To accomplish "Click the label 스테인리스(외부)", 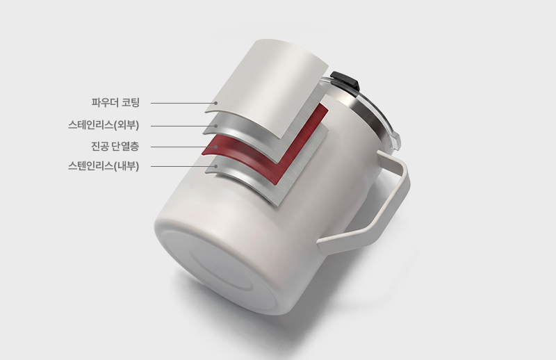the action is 104,125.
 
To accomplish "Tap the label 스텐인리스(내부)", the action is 104,165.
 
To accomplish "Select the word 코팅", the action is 131,102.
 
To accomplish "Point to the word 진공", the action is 99,146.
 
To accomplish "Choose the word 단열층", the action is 125,146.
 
